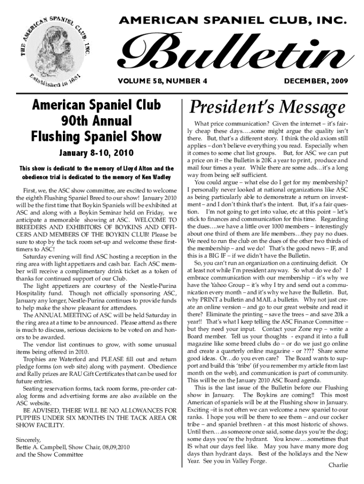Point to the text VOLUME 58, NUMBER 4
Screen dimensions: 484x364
(x=156, y=81)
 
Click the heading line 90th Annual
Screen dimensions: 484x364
(x=96, y=121)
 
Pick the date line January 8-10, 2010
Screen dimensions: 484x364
(x=96, y=153)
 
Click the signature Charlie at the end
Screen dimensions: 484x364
(x=338, y=465)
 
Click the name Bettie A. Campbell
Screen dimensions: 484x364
(x=45, y=447)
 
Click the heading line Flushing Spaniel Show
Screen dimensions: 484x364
(x=96, y=137)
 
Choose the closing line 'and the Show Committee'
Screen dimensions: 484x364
(x=49, y=455)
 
